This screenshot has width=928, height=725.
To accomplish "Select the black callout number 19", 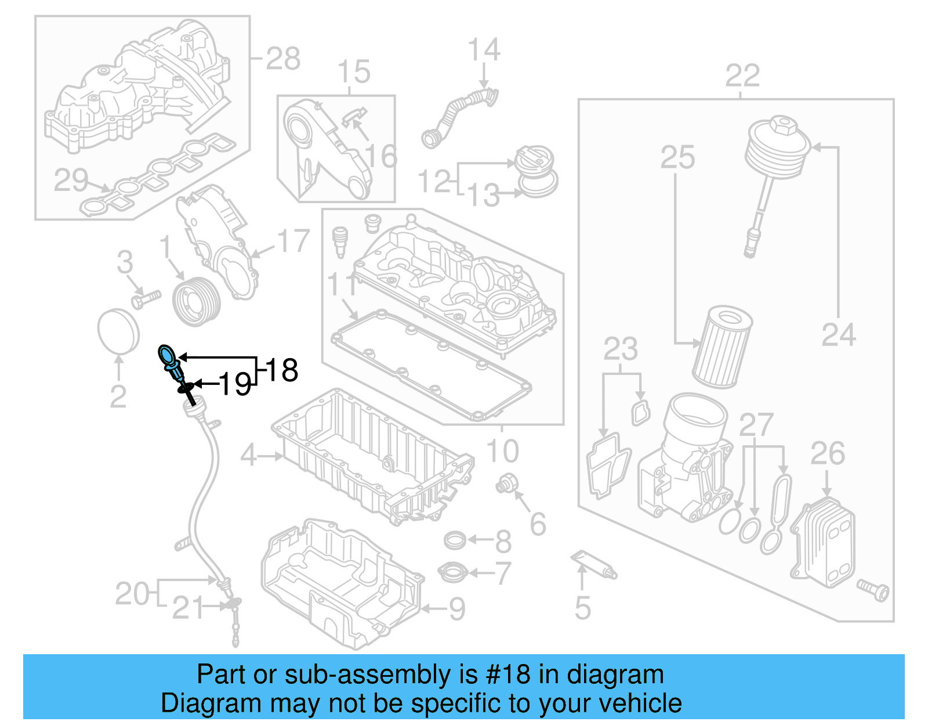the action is (235, 384).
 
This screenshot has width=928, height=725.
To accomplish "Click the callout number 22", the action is (742, 76).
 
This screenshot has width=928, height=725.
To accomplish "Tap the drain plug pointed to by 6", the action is (505, 484).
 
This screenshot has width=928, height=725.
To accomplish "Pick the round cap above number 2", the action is (118, 331).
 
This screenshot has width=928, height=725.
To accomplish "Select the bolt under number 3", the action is (145, 300).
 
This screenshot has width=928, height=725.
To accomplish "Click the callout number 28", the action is (283, 59).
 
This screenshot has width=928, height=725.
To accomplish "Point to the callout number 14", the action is (484, 50).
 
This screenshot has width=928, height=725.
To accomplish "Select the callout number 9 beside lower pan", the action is (457, 609).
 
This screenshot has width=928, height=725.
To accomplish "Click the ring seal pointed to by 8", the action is (455, 540).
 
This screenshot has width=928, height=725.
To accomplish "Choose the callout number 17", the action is (293, 241).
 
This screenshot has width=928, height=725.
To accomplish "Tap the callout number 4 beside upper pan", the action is (248, 456).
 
